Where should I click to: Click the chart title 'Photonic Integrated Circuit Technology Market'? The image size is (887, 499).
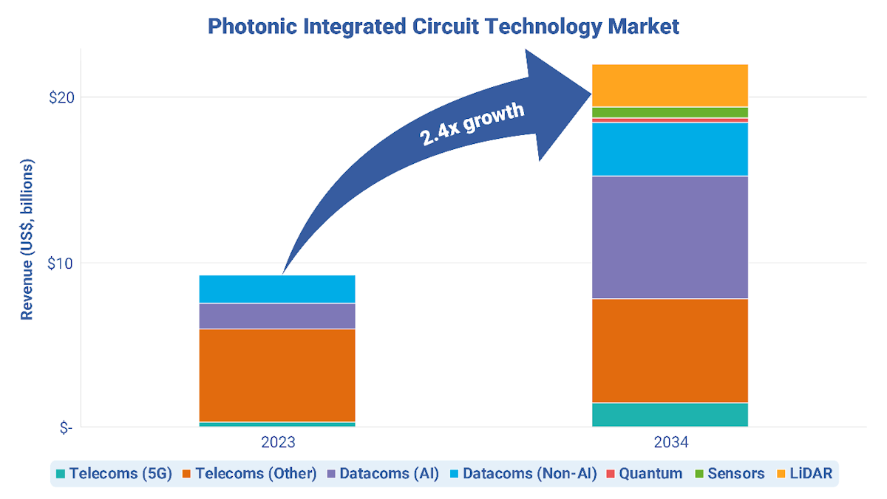(x=443, y=27)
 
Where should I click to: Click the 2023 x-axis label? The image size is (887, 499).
(x=277, y=443)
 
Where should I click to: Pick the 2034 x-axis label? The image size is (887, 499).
(x=670, y=443)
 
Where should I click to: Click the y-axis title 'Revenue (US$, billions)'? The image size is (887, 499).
(x=27, y=238)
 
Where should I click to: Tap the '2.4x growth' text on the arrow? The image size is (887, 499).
(x=472, y=125)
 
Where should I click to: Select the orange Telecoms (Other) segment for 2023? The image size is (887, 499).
(x=277, y=375)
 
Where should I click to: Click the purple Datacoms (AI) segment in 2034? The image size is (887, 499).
(x=670, y=237)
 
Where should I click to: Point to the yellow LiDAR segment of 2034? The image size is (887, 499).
(x=670, y=86)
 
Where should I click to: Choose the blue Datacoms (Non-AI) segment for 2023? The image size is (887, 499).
(x=277, y=289)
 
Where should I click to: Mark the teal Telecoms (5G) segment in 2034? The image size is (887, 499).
(x=670, y=415)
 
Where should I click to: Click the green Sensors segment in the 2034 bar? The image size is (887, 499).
(x=670, y=112)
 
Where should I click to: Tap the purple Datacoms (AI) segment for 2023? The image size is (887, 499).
(x=277, y=316)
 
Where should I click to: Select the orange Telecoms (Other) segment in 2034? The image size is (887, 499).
(x=670, y=351)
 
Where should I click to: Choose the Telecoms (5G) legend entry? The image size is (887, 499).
(x=114, y=473)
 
